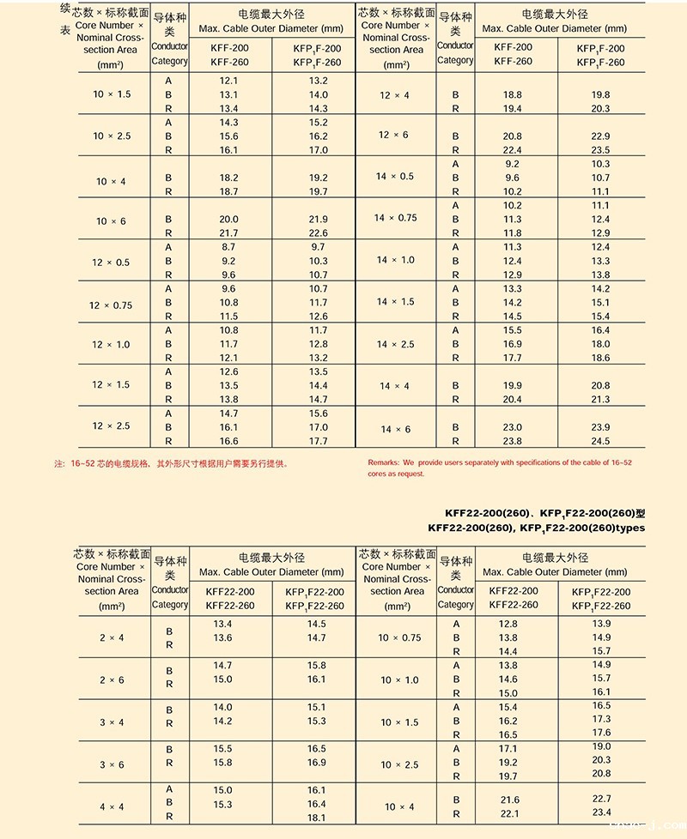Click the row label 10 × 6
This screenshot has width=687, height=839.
(111, 221)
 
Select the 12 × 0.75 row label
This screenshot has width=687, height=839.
(111, 305)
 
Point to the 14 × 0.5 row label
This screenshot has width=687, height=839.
(394, 177)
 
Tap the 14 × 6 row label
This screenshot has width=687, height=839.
(395, 429)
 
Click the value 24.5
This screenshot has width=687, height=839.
(600, 441)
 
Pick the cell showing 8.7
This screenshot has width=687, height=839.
(228, 247)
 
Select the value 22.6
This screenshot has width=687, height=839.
(318, 233)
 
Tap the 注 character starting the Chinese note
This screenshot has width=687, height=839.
(59, 463)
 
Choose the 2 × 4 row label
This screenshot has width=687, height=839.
(112, 637)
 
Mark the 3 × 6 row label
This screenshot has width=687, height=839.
(112, 764)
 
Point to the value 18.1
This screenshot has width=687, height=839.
(316, 818)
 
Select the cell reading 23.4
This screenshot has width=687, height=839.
(601, 812)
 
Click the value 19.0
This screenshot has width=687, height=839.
(601, 747)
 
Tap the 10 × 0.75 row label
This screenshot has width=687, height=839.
(399, 637)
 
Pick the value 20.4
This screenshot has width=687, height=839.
(512, 399)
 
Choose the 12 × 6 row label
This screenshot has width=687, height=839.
(394, 136)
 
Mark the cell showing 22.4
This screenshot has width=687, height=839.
(512, 150)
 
